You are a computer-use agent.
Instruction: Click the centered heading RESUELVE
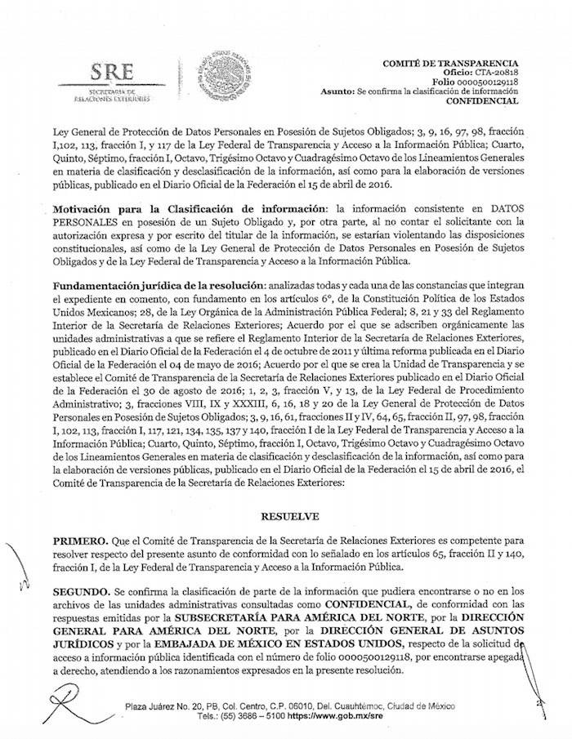click(x=286, y=516)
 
